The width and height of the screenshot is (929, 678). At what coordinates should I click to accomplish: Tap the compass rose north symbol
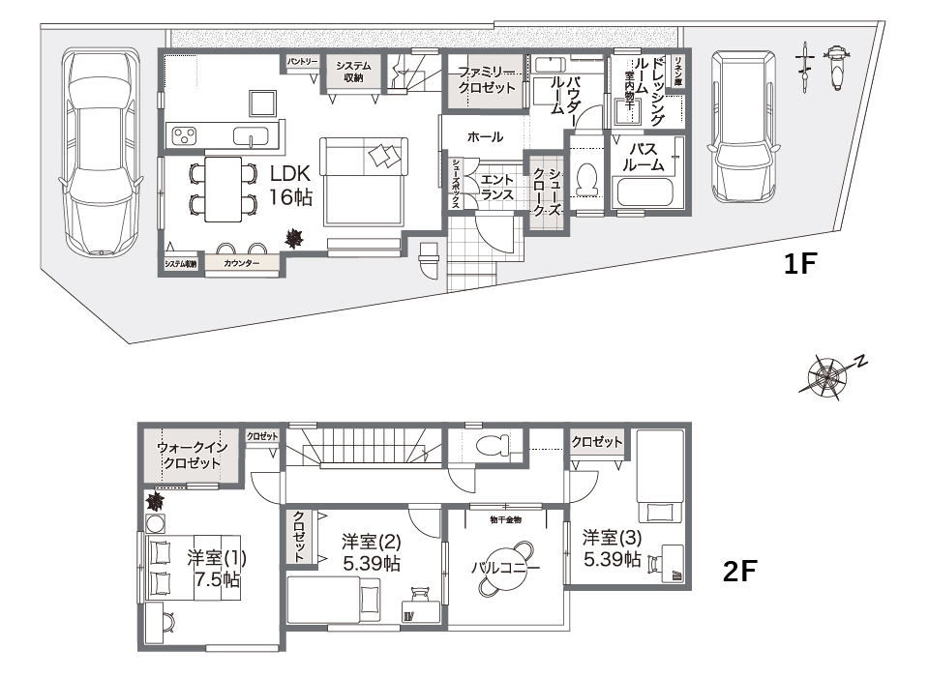tap(830, 374)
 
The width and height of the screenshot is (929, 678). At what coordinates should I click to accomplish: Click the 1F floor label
tap(801, 264)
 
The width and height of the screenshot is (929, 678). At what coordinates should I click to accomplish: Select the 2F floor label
tap(740, 572)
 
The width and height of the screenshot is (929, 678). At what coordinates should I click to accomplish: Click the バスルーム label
tap(645, 157)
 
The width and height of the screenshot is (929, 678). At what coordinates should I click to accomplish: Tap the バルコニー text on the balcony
tap(504, 568)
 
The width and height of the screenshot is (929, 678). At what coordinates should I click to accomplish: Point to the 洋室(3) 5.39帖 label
tap(611, 547)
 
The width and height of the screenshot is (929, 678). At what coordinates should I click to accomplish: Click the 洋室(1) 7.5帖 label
tap(217, 569)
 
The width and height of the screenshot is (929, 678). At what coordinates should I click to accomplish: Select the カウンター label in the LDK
tap(242, 263)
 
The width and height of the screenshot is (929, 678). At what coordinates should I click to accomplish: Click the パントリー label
tap(302, 62)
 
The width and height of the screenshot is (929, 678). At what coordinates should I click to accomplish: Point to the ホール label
tap(484, 137)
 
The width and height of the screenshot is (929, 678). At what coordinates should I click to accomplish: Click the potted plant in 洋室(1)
tap(155, 501)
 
